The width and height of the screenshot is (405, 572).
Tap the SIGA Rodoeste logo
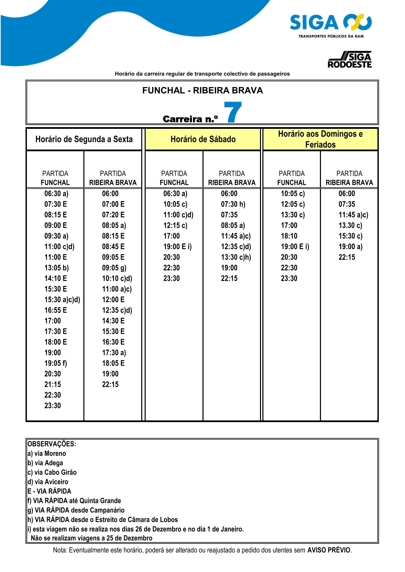350,60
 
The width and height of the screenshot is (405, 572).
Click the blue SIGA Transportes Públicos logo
330,25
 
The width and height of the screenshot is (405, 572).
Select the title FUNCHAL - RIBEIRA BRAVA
202,90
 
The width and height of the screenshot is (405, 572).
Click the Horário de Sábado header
203,139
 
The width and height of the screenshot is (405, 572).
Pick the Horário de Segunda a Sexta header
84,139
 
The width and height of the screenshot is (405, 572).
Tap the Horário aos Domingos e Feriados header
320,139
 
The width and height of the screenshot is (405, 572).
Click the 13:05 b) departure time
56,268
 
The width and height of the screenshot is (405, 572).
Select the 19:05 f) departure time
56,363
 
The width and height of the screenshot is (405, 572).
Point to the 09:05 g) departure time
114,268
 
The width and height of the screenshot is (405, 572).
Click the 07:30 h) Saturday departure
233,204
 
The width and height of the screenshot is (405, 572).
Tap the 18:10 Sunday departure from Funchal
289,236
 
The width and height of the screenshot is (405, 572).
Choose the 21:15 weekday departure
53,384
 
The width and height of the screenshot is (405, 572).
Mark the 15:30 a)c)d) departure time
62,300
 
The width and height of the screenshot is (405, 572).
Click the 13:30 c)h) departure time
236,257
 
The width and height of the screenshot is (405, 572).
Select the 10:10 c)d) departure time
117,278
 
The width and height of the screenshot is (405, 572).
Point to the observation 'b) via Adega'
45,463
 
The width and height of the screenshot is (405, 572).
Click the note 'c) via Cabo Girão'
52,472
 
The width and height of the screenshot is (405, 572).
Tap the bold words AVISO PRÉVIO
329,550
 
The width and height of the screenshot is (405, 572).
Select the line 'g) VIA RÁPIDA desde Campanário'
76,510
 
